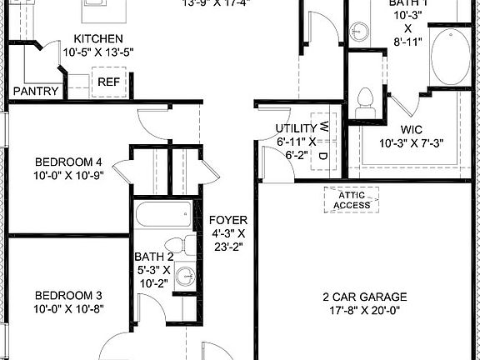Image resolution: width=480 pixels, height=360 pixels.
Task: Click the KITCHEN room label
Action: point(98,38)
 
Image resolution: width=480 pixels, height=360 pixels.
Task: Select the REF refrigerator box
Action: point(108,82)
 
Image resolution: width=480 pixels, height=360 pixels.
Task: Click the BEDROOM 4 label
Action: point(68,162)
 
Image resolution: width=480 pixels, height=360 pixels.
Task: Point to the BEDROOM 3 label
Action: point(68,295)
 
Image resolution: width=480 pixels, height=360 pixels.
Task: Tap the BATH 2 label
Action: point(154,257)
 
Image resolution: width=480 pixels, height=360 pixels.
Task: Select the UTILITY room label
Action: point(296,128)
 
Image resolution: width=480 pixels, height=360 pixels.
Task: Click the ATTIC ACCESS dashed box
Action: point(351,200)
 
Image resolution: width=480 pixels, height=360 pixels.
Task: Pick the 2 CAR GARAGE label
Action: point(364,297)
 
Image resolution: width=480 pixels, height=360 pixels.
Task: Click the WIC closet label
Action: point(412,129)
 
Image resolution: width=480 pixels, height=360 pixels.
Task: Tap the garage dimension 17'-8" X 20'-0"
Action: point(364,311)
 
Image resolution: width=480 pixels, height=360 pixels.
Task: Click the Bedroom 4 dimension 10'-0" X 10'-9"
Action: point(68,176)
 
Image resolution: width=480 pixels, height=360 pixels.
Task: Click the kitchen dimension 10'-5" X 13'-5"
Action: point(98,52)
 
